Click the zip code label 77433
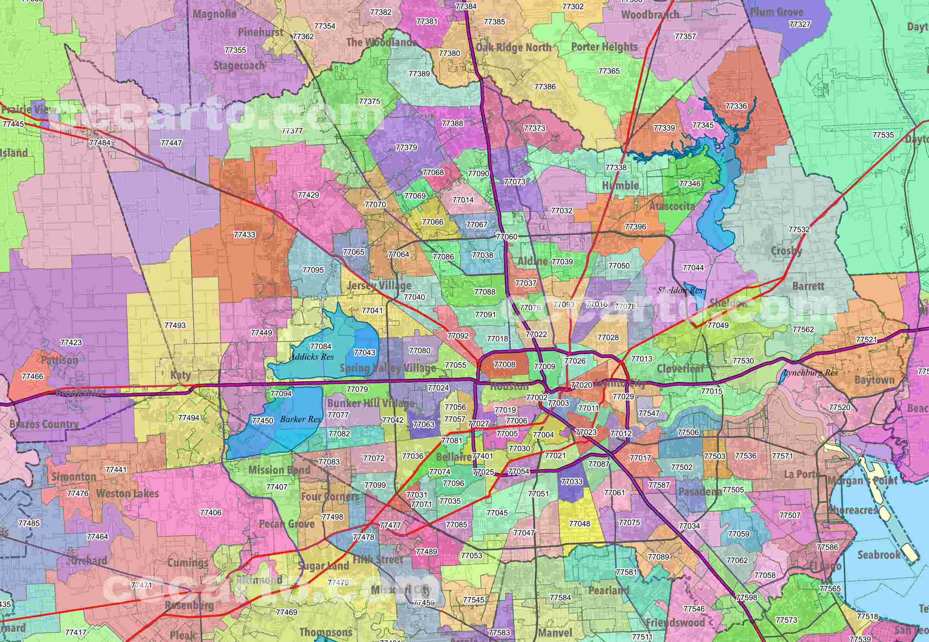pos(244,235)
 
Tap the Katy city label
pos(180,375)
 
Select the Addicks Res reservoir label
pos(312,357)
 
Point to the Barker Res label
pos(301,419)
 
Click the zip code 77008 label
pos(504,364)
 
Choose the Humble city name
pos(620,185)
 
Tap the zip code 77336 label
pos(736,106)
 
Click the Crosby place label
pos(786,251)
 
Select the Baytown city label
pos(874,380)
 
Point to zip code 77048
pos(580,524)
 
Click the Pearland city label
pos(609,591)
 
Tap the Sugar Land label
pos(323,566)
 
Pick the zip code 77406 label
pos(211,513)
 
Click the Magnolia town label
pos(214,14)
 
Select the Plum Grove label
pos(776,12)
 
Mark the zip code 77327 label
pos(800,24)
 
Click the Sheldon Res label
pos(680,290)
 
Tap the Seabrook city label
pos(879,555)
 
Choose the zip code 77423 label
pos(71,343)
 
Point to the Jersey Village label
pos(379,286)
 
